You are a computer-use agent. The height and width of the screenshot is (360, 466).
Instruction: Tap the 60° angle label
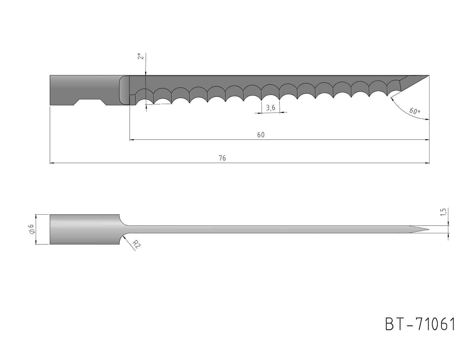[x=415, y=111]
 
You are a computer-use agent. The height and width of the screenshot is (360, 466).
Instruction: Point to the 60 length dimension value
[x=261, y=135]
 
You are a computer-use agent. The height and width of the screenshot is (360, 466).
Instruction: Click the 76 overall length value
[x=222, y=158]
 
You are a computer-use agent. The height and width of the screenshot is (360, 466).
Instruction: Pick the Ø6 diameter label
[x=31, y=229]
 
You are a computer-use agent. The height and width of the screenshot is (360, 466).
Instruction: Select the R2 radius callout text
[x=136, y=244]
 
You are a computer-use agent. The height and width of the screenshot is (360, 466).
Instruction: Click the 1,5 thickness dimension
[x=443, y=212]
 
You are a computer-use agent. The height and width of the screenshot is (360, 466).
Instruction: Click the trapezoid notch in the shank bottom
[x=90, y=102]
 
